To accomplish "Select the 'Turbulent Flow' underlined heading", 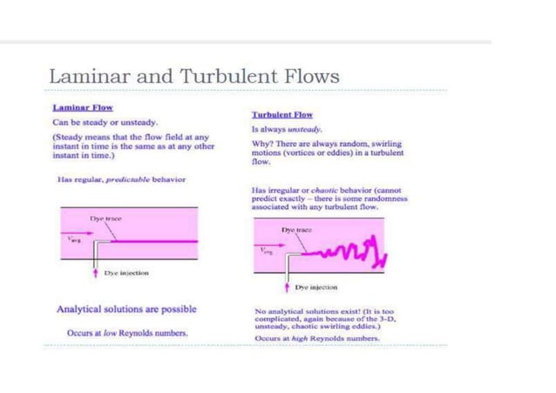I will pos(281,114).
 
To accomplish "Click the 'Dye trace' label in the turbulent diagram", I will pos(297,229).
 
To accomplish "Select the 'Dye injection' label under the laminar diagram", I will pos(126,273).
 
